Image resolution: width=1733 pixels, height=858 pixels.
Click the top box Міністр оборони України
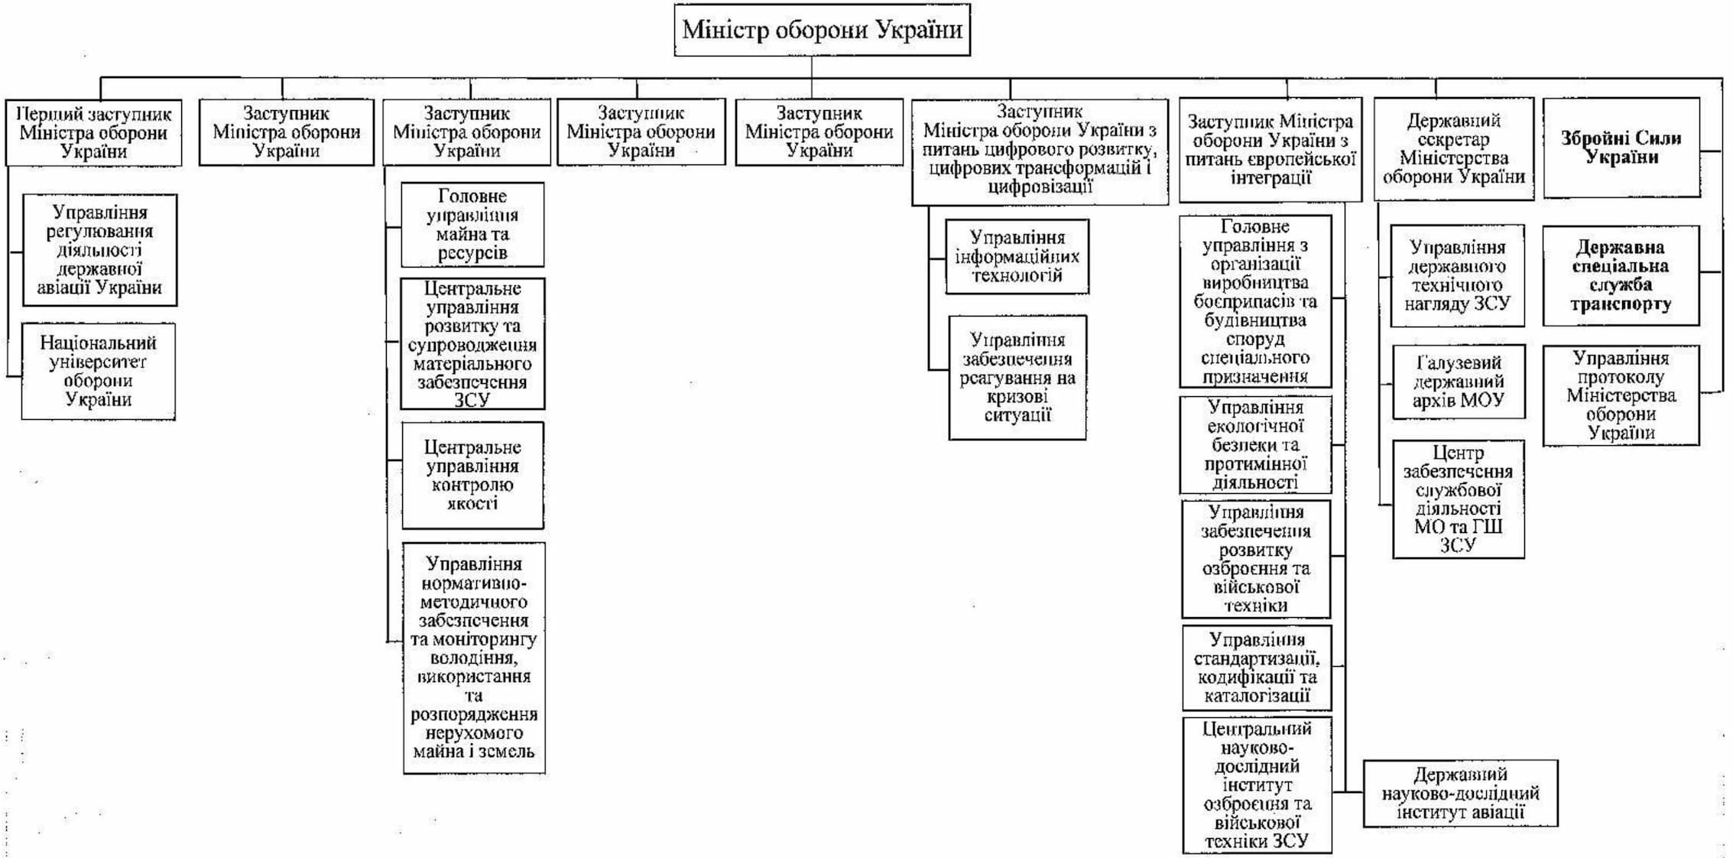pyautogui.click(x=822, y=30)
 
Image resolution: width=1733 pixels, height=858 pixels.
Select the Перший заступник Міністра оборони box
pyautogui.click(x=94, y=132)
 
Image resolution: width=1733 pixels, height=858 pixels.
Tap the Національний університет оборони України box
pyautogui.click(x=98, y=371)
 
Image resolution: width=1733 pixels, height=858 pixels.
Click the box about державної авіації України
pyautogui.click(x=99, y=250)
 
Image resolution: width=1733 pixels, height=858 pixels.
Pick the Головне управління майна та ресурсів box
pyautogui.click(x=472, y=225)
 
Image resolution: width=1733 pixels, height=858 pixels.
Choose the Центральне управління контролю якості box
pyautogui.click(x=472, y=475)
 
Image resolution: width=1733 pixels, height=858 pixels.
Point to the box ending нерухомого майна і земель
pyautogui.click(x=474, y=658)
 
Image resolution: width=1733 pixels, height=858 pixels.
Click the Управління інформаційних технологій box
pyautogui.click(x=1017, y=256)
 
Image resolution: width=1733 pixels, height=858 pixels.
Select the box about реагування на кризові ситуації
pyautogui.click(x=1017, y=377)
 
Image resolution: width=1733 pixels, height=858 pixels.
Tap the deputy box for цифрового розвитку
pyautogui.click(x=1040, y=151)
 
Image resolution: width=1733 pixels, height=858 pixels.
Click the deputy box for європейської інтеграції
pyautogui.click(x=1270, y=150)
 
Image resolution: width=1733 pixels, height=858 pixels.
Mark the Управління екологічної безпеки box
pyautogui.click(x=1255, y=444)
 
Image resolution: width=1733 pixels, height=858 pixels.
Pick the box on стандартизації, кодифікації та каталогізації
pyautogui.click(x=1257, y=668)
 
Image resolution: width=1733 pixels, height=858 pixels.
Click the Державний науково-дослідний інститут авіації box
pyautogui.click(x=1459, y=793)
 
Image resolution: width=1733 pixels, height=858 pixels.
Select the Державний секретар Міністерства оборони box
pyautogui.click(x=1453, y=148)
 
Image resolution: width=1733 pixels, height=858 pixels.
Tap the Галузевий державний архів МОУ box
pyautogui.click(x=1458, y=381)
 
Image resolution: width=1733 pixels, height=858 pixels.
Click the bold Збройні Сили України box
pyautogui.click(x=1621, y=148)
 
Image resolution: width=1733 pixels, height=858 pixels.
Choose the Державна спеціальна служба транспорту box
pyautogui.click(x=1621, y=275)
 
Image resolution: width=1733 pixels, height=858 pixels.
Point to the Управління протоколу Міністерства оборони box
pyautogui.click(x=1621, y=395)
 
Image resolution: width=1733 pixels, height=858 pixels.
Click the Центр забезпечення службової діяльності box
pyautogui.click(x=1458, y=499)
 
